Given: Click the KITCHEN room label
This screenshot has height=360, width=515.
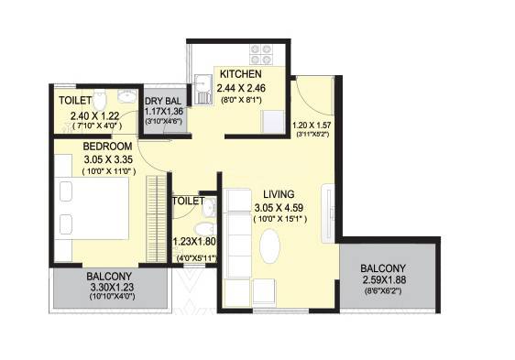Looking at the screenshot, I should [241, 74].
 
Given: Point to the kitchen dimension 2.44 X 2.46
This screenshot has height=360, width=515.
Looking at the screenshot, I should [241, 89].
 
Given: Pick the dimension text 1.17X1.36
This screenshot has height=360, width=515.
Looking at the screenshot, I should [164, 113].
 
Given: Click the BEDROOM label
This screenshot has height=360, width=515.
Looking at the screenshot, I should [107, 146].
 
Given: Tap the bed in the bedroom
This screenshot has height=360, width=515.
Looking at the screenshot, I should [83, 202].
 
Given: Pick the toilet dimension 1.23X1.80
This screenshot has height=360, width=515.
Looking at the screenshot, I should [193, 243].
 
